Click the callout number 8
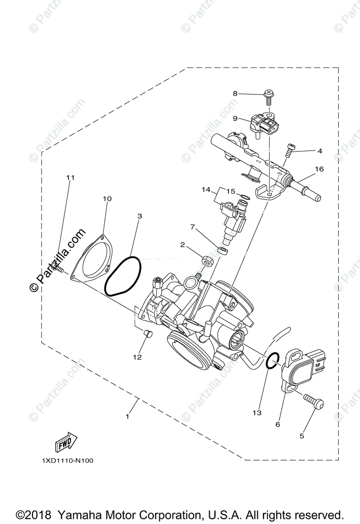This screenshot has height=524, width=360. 235,93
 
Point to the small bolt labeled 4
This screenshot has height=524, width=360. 289,151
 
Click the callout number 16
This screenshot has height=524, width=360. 319,169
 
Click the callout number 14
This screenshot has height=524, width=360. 206,190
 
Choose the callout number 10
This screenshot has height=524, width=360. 107,199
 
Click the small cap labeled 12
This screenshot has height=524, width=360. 147,334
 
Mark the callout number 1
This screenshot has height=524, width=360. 128,417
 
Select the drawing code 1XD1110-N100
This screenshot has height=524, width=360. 68,460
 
